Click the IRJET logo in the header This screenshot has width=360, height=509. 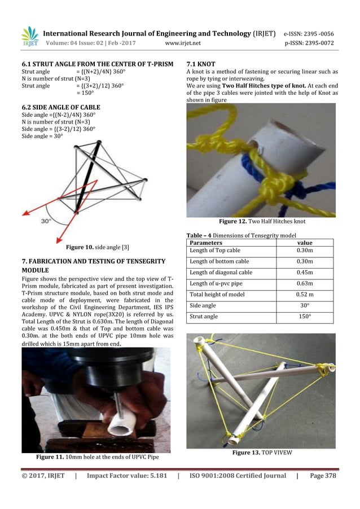[x=29, y=37]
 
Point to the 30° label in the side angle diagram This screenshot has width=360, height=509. [x=48, y=221]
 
